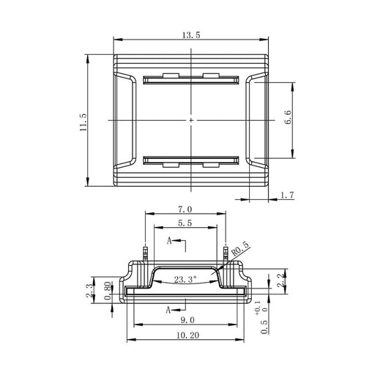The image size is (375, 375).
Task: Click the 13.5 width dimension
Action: [x=191, y=35]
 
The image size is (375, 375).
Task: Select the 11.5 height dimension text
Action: [x=83, y=122]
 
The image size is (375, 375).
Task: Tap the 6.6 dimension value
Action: [x=289, y=117]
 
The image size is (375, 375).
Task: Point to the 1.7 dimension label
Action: [x=287, y=196]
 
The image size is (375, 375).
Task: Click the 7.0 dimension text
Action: [x=185, y=209]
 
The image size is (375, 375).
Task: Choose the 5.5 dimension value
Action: [x=185, y=223]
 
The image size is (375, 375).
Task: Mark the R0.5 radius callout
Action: [x=241, y=249]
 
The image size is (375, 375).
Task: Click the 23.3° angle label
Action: [x=185, y=279]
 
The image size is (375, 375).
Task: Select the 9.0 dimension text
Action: [x=187, y=320]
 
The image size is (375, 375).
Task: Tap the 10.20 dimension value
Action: [x=187, y=335]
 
